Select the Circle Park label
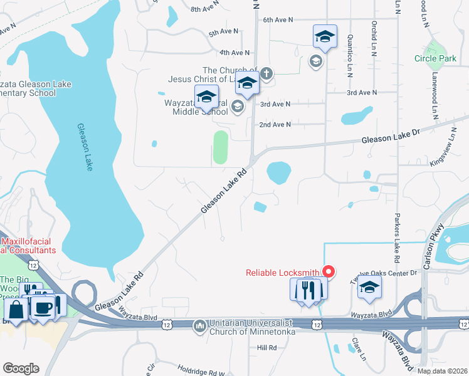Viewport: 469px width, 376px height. [x=435, y=58]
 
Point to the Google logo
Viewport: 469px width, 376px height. [x=21, y=368]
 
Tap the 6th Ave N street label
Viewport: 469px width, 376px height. [x=278, y=20]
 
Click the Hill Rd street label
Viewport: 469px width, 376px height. [x=266, y=347]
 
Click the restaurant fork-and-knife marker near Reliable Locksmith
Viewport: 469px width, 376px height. [x=307, y=290]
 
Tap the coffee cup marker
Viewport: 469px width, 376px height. [x=42, y=308]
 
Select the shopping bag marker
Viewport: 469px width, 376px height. [x=16, y=310]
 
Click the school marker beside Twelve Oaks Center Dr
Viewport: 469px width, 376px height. [x=369, y=288]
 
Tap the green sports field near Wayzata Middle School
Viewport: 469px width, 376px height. [x=220, y=147]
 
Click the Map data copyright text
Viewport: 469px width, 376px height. [x=442, y=371]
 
